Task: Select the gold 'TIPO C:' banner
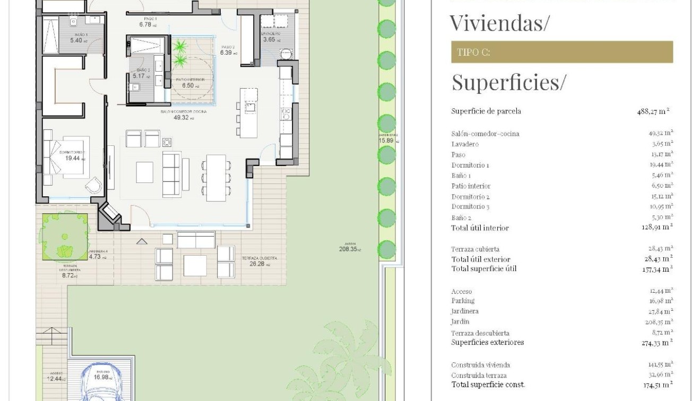561,53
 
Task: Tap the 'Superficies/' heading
508,82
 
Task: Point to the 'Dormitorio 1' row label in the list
470,165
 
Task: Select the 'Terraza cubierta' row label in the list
475,249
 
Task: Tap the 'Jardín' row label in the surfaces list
460,321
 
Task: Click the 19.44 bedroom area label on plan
74,158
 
